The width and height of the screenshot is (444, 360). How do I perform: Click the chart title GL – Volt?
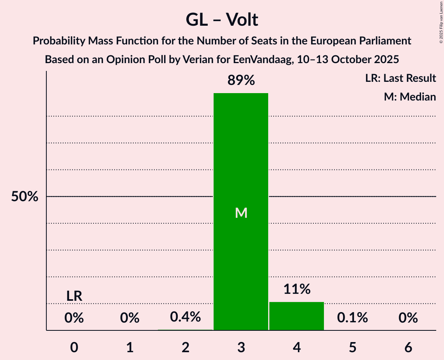222,19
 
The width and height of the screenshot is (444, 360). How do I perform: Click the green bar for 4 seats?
297,316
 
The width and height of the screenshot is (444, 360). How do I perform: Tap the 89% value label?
241,81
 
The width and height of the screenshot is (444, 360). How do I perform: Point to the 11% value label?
297,289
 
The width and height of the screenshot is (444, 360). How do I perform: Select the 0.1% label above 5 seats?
352,318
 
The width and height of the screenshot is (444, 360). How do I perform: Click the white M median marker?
241,213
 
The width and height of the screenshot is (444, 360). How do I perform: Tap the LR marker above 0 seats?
74,296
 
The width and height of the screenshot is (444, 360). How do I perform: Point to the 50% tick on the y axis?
25,197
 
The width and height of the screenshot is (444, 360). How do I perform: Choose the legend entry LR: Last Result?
400,78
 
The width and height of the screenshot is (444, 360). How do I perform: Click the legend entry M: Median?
410,97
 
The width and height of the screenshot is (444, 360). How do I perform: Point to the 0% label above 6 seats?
408,318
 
